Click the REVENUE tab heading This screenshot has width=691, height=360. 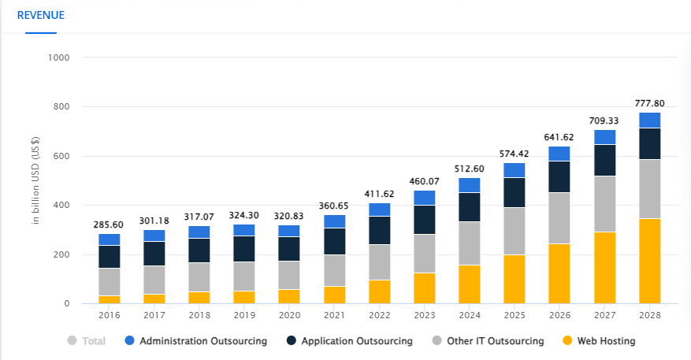[41, 15]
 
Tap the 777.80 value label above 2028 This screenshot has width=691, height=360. [649, 103]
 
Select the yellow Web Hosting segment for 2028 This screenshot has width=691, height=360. [649, 261]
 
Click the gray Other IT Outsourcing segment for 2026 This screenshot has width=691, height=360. [559, 217]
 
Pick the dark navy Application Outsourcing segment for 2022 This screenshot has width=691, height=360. [379, 230]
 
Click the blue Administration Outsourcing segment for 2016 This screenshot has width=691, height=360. [110, 239]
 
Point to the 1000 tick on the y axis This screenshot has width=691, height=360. [59, 58]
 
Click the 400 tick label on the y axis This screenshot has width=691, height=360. [61, 206]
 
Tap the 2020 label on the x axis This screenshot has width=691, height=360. [289, 315]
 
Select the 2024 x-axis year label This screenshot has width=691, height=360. [469, 315]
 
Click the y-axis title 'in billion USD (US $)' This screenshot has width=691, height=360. [35, 180]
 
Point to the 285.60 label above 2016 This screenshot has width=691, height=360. [110, 225]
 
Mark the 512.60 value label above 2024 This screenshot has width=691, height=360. [469, 169]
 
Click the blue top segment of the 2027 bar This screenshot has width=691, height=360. [604, 137]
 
